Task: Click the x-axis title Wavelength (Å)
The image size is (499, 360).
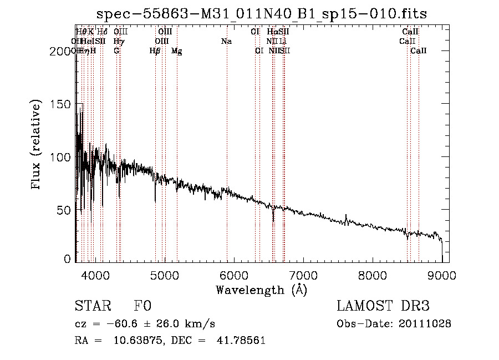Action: (261, 289)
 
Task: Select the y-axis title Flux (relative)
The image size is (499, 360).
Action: (37, 145)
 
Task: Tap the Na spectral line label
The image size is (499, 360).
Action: (226, 41)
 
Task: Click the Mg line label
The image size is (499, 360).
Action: (176, 51)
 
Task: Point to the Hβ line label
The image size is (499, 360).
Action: (155, 51)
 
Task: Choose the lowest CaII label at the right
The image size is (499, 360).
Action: (419, 51)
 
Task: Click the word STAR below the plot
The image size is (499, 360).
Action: (89, 306)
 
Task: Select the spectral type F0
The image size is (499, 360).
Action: (142, 306)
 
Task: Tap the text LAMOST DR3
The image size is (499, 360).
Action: (383, 306)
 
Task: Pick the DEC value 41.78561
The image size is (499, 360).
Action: (242, 341)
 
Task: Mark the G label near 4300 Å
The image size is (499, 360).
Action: (116, 51)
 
